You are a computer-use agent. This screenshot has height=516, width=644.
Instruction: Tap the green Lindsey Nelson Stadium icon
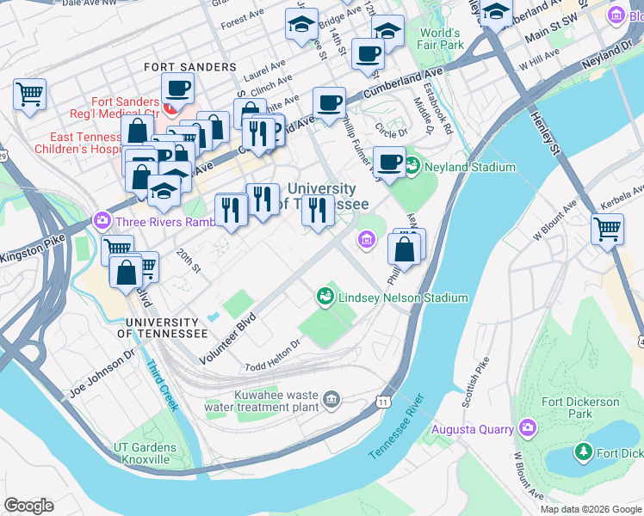click(x=325, y=297)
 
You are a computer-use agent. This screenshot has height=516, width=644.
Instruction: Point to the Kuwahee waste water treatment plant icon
click(x=332, y=398)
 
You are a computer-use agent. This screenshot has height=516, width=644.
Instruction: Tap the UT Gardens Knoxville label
click(x=145, y=453)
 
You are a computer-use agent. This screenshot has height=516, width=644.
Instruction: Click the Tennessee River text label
click(x=397, y=427)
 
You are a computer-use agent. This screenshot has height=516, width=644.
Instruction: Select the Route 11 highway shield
click(x=381, y=402)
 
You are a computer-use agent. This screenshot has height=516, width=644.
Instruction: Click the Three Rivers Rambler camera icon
click(x=103, y=220)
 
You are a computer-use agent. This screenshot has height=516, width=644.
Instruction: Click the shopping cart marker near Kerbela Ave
click(x=607, y=229)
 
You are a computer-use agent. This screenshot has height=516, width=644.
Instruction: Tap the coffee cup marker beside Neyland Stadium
click(x=389, y=161)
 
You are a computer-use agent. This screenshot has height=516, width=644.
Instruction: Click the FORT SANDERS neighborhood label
click(x=189, y=67)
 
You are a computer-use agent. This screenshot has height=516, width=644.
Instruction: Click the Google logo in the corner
click(x=28, y=506)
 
